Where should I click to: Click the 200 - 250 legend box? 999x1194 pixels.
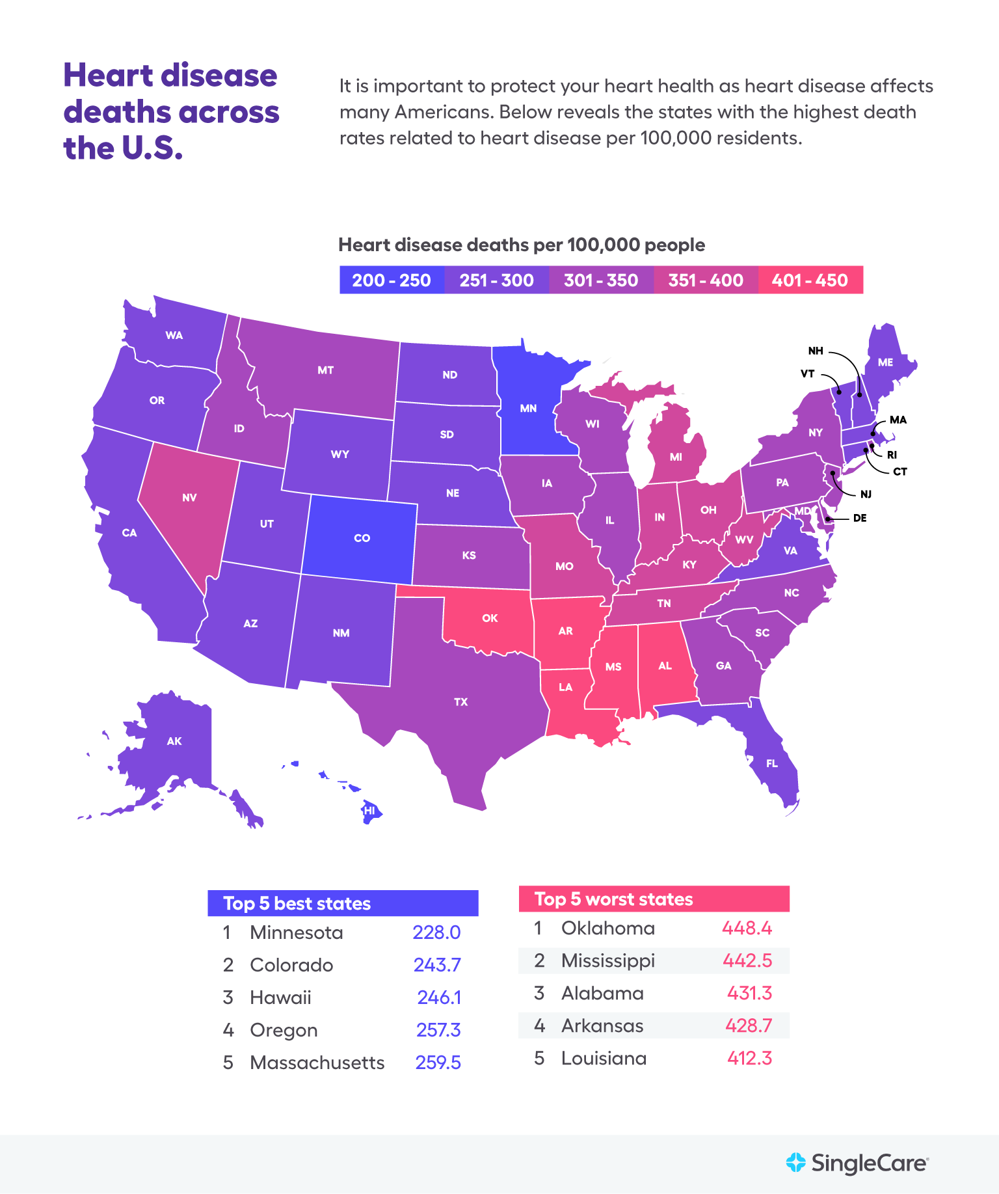[392, 280]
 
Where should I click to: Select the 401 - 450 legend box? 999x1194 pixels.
[810, 280]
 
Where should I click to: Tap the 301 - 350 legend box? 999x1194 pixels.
[601, 280]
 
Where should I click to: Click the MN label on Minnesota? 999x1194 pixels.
[528, 409]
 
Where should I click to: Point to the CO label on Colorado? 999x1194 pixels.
[362, 538]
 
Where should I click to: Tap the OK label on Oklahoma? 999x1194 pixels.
[490, 618]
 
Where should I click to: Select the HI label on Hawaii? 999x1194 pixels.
[369, 811]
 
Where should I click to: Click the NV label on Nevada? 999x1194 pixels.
[189, 498]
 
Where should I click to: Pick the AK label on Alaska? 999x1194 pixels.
[174, 741]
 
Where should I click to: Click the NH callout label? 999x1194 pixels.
[816, 351]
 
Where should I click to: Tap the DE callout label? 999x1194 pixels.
[860, 518]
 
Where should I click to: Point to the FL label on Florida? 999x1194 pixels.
[772, 763]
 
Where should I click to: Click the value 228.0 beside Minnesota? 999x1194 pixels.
[436, 932]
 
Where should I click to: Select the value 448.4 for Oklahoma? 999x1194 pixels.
[747, 928]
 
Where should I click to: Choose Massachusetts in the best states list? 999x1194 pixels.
[317, 1063]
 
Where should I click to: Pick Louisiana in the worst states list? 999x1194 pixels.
[604, 1058]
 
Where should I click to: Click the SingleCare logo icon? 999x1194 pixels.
[795, 1162]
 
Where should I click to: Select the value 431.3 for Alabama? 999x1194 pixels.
[749, 993]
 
